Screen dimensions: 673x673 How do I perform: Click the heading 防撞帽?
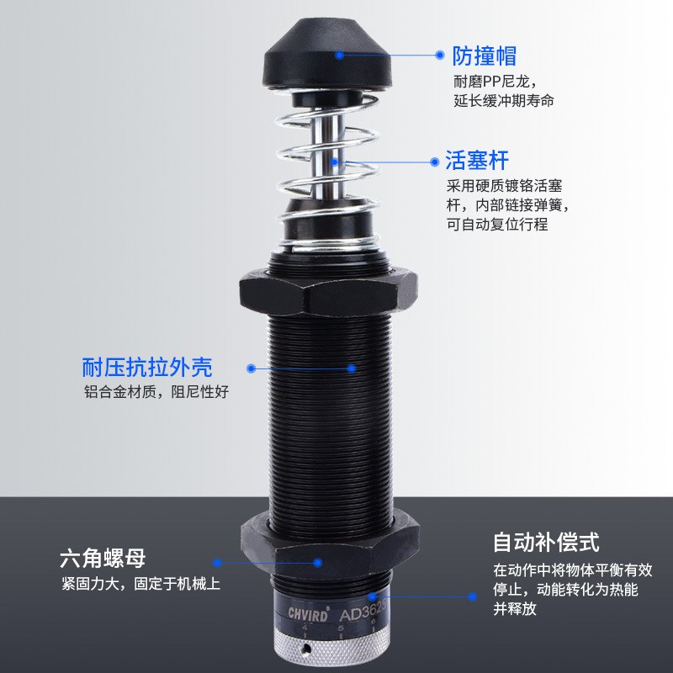(485, 56)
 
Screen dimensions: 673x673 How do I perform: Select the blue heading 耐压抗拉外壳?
(147, 368)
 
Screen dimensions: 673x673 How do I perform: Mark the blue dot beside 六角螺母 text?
(216, 562)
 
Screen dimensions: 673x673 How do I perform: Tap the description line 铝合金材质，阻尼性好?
(156, 392)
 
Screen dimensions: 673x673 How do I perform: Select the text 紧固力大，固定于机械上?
(140, 584)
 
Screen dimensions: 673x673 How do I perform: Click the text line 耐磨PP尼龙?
(488, 82)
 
